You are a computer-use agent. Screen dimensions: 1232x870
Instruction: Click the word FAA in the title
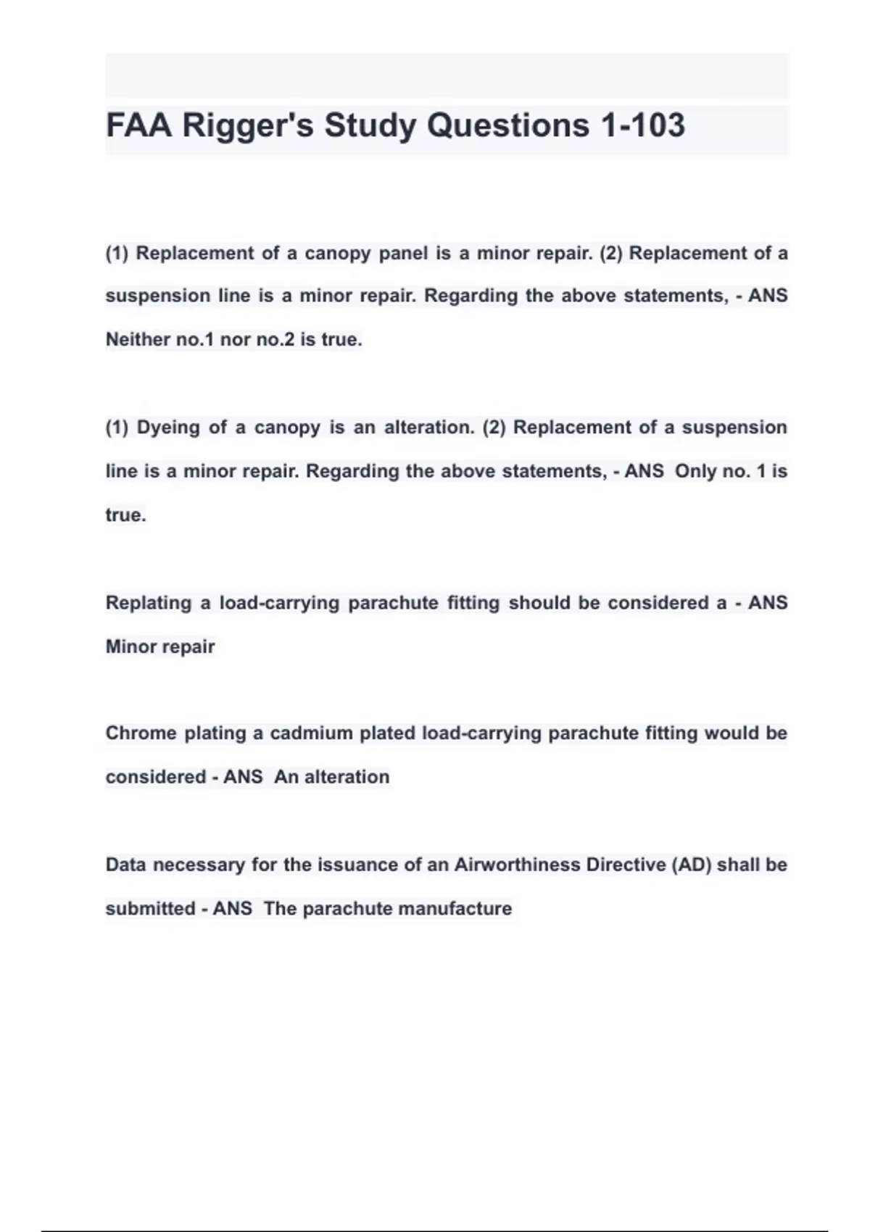[x=139, y=125]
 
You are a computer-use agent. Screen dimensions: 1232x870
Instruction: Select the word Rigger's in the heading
[x=248, y=125]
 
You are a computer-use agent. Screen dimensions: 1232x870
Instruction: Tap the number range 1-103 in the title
[x=642, y=125]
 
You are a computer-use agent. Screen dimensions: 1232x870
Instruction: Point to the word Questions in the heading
[x=507, y=125]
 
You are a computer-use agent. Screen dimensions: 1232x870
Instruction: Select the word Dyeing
[x=168, y=428]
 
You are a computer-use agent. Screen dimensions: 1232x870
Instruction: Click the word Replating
[x=149, y=603]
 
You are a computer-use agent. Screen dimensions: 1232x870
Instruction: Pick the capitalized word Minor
[x=131, y=646]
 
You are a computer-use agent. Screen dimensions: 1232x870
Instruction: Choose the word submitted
[x=150, y=909]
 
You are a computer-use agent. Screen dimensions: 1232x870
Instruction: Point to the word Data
[x=126, y=865]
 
